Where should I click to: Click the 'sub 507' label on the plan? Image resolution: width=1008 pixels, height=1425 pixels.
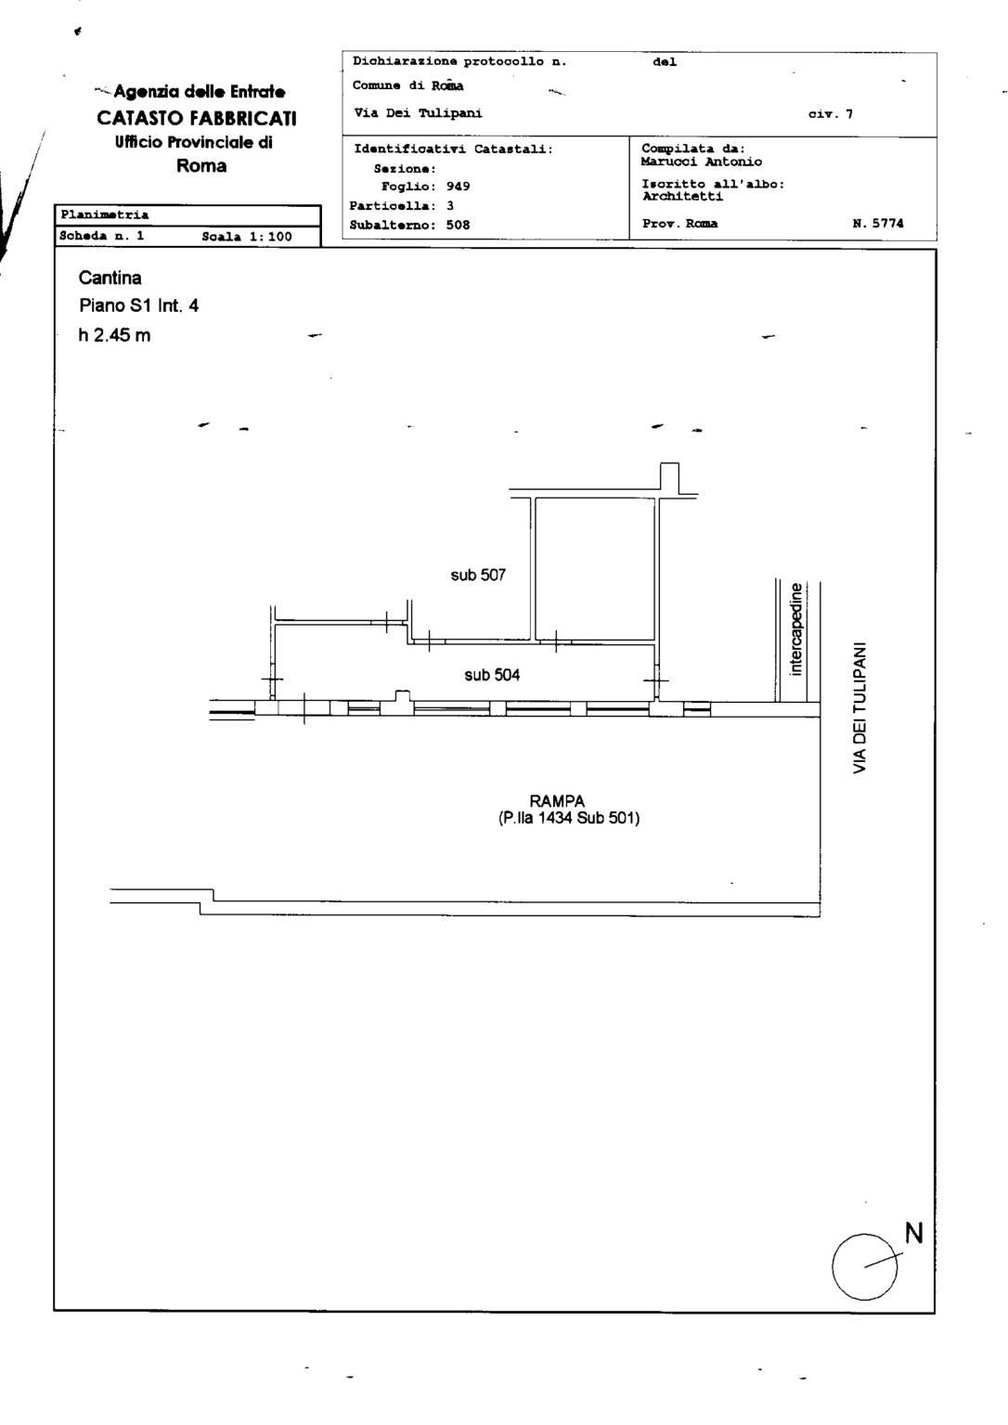(478, 575)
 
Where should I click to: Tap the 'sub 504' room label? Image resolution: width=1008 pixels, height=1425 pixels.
(492, 675)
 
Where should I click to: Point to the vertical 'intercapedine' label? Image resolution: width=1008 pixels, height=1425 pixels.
(795, 628)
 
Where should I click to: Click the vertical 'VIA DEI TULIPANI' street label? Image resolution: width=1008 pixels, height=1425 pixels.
(859, 707)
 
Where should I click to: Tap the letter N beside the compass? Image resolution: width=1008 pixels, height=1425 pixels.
(914, 1234)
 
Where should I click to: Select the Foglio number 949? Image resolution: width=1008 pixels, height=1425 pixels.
(458, 187)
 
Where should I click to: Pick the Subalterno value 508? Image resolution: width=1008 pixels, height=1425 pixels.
(458, 225)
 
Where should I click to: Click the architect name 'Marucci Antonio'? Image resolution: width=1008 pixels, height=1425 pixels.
(702, 162)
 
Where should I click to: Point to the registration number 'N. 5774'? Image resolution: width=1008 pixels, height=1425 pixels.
(878, 224)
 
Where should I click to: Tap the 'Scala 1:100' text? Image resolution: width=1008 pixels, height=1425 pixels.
(247, 237)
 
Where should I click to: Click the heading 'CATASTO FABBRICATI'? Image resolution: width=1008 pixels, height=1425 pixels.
(197, 118)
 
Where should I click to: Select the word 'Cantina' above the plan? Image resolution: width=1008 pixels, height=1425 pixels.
(110, 278)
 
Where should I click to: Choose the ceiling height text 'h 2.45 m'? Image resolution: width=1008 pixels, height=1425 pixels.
(114, 335)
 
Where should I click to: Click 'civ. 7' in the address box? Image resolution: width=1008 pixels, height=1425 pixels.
(831, 114)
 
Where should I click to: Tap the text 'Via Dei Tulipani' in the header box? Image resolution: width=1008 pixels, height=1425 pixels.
(418, 113)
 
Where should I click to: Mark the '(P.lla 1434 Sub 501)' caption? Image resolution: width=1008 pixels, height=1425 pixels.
(569, 818)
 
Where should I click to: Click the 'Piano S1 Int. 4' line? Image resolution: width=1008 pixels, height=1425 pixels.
(138, 306)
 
